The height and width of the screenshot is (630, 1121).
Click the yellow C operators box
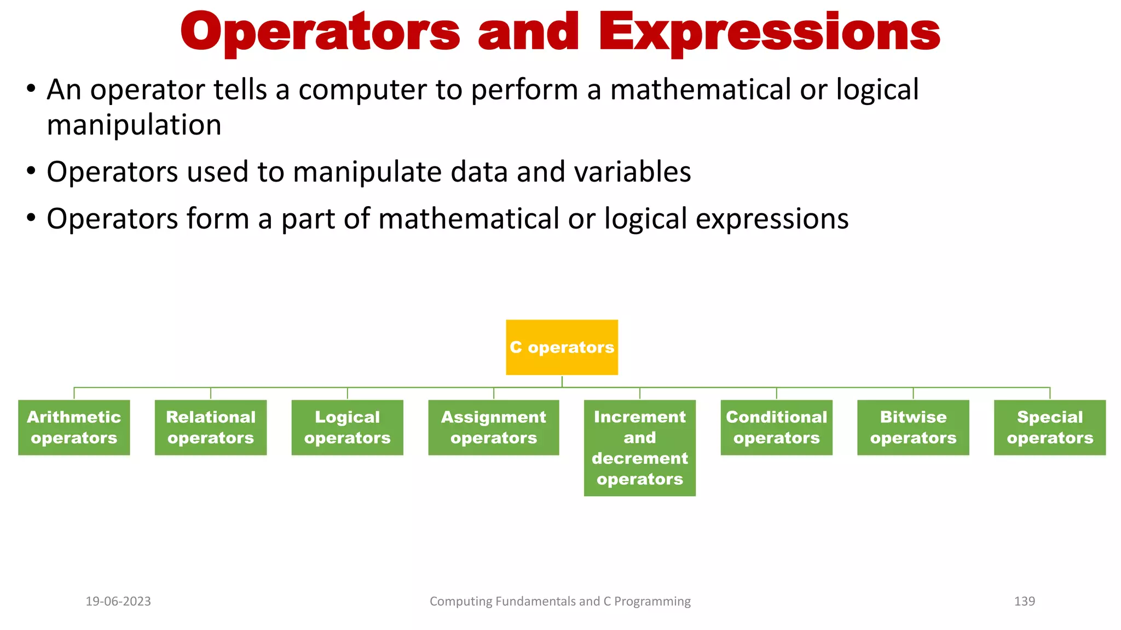point(562,347)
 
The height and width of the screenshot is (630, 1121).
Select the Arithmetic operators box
point(74,427)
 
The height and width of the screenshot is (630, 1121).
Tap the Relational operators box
point(211,427)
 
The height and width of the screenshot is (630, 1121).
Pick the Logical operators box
point(347,427)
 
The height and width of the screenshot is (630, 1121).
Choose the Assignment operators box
point(493,427)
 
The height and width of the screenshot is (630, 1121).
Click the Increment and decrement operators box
point(639,448)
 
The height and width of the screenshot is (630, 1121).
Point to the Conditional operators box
point(776,427)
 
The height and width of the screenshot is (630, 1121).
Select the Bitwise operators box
point(913,427)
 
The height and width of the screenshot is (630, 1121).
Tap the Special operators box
point(1050,427)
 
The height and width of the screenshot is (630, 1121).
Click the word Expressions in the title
point(769,33)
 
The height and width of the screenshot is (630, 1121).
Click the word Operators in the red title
point(320,33)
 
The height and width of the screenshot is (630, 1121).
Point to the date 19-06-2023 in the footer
point(118,602)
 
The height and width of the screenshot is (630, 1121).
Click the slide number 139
point(1024,602)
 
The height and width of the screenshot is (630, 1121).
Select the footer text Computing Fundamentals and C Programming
point(560,602)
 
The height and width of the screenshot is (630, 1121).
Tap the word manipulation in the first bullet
point(134,126)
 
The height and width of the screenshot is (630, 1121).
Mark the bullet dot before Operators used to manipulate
point(31,171)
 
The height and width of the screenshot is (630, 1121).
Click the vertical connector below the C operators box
point(562,381)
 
